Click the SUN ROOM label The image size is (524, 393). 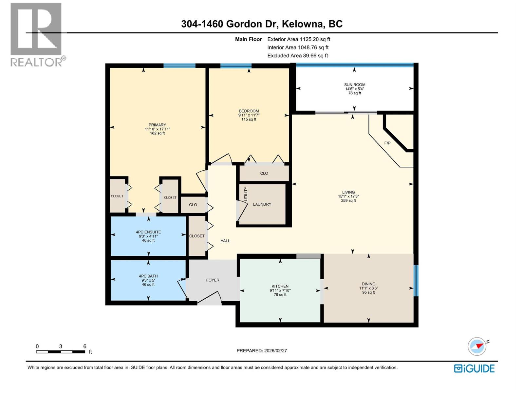click(355, 84)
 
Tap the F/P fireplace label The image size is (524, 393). click(387, 143)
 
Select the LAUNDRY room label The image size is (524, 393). click(262, 204)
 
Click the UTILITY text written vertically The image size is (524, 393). click(246, 194)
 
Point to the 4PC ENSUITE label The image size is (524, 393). click(148, 232)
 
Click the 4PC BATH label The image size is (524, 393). click(148, 276)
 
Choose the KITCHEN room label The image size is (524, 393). click(280, 286)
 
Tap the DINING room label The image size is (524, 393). click(368, 284)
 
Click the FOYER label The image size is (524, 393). click(213, 280)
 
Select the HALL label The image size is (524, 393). click(225, 241)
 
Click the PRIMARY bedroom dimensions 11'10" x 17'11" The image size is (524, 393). click(157, 129)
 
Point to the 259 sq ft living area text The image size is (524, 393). click(348, 200)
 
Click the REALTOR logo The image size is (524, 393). click(37, 34)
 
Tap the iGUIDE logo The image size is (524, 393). click(474, 368)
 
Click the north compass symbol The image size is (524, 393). click(477, 346)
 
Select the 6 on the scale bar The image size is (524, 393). click(85, 346)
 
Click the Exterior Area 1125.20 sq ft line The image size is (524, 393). click(299, 39)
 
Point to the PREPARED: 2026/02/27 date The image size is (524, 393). click(262, 350)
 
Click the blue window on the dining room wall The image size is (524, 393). click(416, 280)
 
